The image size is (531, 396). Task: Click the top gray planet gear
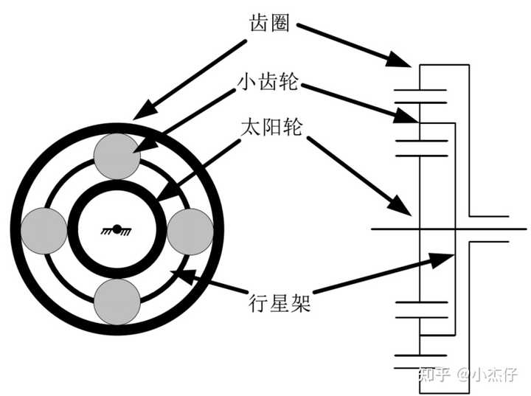click(x=117, y=156)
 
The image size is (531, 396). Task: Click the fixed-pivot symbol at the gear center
click(x=117, y=230)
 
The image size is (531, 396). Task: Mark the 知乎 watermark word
click(x=434, y=374)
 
